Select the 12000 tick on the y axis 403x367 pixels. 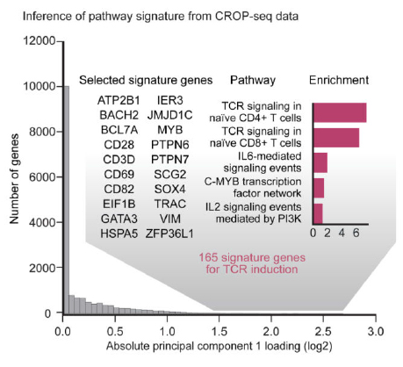[39, 41]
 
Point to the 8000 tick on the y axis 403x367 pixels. [39, 132]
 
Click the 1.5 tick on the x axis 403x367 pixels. [219, 332]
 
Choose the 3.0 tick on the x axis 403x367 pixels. [375, 332]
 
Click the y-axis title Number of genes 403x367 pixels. [11, 176]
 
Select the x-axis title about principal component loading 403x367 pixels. [219, 348]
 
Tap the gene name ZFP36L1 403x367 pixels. [176, 234]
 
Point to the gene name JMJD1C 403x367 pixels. [176, 114]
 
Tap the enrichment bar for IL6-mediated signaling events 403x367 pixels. [320, 163]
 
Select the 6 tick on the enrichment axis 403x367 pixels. [356, 235]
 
